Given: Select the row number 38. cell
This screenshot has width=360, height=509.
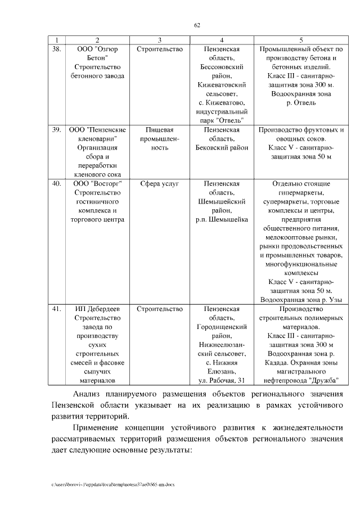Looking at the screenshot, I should [57, 49].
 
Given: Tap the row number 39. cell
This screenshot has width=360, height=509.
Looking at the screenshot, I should [57, 130].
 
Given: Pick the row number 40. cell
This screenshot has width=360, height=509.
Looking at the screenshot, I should [57, 183].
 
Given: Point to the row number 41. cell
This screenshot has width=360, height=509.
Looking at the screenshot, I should [57, 309].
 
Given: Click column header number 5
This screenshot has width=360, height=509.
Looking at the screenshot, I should [301, 40].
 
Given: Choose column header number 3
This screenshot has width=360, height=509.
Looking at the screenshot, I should [160, 40].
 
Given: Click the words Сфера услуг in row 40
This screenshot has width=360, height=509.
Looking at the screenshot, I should [160, 183].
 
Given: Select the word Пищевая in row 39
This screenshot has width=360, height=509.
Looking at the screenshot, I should [160, 130].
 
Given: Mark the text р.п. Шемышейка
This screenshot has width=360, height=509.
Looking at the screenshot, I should [222, 219].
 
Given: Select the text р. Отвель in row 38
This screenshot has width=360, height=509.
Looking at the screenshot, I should [301, 103].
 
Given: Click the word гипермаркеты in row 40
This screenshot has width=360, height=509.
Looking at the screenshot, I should [301, 192].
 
